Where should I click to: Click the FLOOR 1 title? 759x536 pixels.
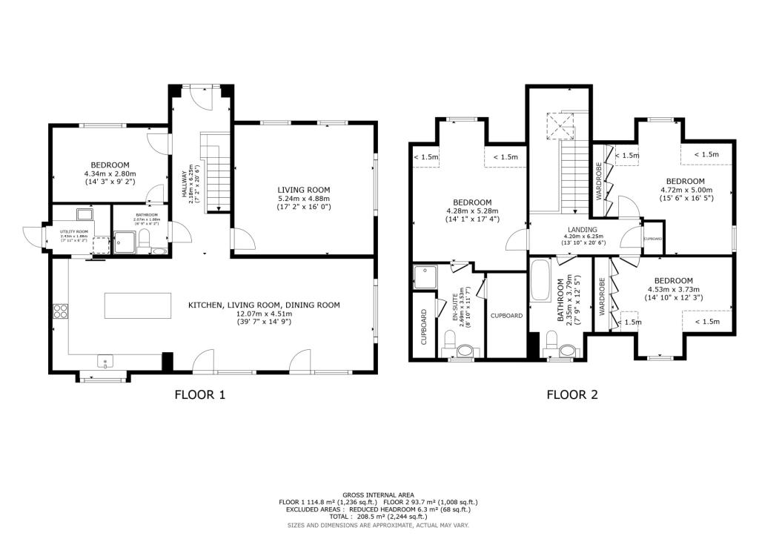point(199,395)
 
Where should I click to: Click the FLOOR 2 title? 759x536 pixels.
point(572,395)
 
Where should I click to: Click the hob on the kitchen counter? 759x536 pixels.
point(60,312)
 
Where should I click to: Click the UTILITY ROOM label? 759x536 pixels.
point(73,232)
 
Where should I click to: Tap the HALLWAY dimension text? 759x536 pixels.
point(193,189)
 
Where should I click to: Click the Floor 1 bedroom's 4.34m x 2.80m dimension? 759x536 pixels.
point(110,175)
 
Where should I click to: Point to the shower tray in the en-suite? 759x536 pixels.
point(426,276)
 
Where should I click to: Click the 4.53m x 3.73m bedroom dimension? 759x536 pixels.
point(673,290)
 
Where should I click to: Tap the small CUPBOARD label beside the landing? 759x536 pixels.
point(653,239)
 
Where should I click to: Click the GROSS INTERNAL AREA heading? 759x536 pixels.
point(379,494)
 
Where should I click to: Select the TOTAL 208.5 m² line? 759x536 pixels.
point(379,516)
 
